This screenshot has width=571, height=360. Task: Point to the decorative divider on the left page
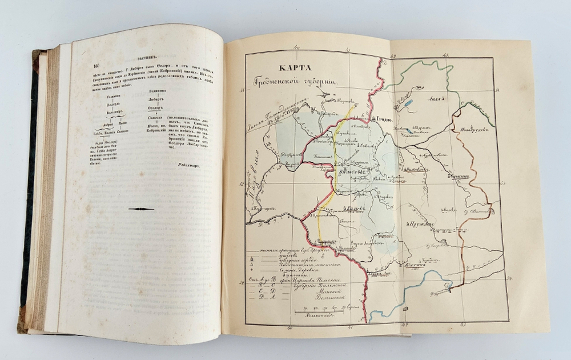141,209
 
